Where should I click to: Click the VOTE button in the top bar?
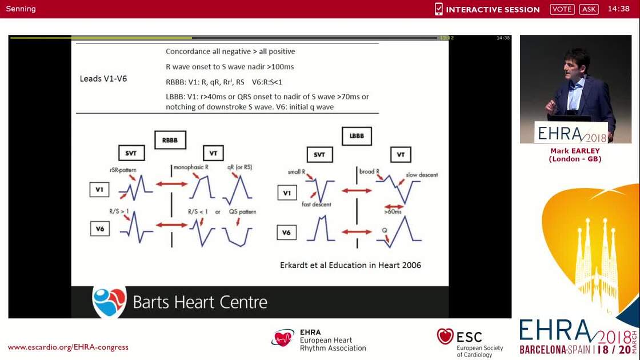pos(562,9)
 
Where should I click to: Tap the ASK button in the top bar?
pos(589,9)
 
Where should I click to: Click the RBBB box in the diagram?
pos(170,139)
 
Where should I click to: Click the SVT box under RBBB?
pos(131,153)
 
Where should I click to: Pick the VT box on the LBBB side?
pos(400,154)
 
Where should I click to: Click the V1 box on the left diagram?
pos(99,190)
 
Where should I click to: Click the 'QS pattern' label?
pos(242,211)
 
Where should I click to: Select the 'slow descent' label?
pos(422,175)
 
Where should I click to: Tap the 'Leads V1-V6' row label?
pos(103,78)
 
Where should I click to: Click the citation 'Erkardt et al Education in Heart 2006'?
pos(350,265)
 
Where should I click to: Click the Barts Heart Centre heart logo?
pos(109,301)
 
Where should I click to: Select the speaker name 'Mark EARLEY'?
pos(575,151)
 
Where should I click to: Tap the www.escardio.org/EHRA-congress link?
pos(68,347)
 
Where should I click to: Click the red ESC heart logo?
pos(445,336)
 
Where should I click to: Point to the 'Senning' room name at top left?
pos(21,9)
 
